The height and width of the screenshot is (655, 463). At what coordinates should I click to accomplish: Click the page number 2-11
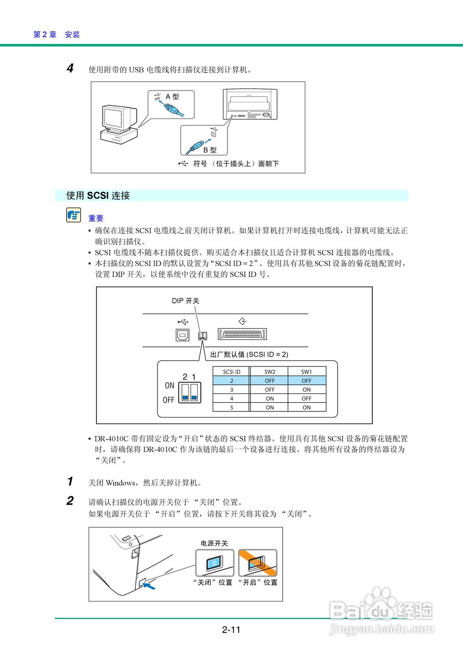(231, 630)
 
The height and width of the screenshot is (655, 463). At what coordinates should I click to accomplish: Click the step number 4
(71, 68)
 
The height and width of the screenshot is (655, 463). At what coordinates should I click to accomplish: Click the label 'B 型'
(210, 150)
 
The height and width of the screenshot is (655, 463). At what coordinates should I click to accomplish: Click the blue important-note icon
(73, 215)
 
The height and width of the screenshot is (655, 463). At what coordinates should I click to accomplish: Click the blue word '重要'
(96, 219)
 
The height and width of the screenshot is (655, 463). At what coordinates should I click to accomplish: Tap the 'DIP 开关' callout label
(185, 301)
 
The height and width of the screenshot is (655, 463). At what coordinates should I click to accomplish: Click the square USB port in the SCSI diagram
(183, 335)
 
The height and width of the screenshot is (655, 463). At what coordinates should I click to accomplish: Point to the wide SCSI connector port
(244, 335)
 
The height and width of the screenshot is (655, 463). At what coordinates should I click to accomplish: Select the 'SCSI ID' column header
(231, 372)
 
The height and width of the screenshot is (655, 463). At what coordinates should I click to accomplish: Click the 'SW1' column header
(306, 372)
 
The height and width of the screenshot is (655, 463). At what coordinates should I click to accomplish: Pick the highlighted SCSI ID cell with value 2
(231, 381)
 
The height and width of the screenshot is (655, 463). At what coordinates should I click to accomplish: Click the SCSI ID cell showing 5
(231, 407)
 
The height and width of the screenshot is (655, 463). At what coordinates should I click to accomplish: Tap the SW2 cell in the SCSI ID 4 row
(269, 399)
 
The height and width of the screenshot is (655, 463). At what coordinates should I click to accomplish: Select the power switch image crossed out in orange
(258, 563)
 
